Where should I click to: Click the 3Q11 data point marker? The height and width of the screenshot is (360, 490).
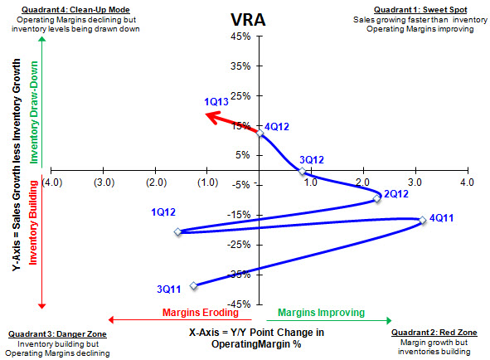tap(194, 285)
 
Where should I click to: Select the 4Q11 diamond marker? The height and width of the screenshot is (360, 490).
tap(422, 220)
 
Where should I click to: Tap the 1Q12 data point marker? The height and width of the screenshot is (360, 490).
tap(178, 231)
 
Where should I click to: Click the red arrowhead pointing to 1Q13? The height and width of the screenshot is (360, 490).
tap(211, 116)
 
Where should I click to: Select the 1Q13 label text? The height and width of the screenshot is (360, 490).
tap(216, 101)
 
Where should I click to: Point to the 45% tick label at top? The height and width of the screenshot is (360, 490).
tap(240, 36)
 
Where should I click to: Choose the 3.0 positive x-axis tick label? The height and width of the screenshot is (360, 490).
tap(415, 182)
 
